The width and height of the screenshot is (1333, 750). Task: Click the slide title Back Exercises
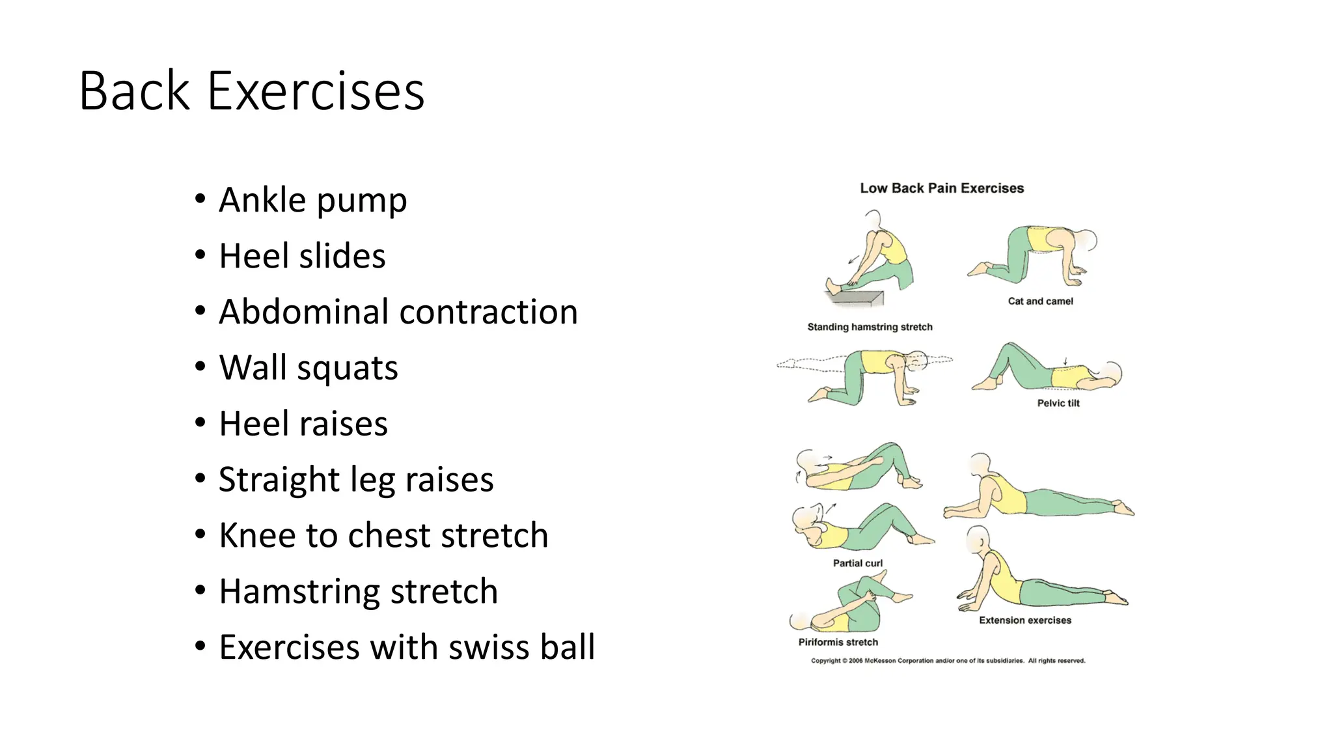pyautogui.click(x=251, y=91)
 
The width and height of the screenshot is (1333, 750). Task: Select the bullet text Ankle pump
pyautogui.click(x=312, y=200)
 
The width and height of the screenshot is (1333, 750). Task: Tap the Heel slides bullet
pyautogui.click(x=302, y=256)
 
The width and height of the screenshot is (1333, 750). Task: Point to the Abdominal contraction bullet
pyautogui.click(x=398, y=312)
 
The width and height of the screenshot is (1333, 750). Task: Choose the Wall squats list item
pyautogui.click(x=308, y=368)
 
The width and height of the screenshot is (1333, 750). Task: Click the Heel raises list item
pyautogui.click(x=303, y=424)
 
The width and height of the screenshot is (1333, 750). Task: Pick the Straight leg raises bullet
pyautogui.click(x=355, y=480)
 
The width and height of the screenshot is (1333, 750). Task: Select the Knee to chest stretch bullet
pyautogui.click(x=383, y=536)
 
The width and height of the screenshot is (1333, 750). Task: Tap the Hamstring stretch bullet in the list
pyautogui.click(x=358, y=592)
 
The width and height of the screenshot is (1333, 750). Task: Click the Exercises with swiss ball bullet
pyautogui.click(x=407, y=648)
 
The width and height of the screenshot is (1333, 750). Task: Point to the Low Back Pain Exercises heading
pyautogui.click(x=942, y=188)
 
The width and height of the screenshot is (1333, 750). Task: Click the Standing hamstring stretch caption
pyautogui.click(x=870, y=327)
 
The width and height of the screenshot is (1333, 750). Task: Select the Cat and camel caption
pyautogui.click(x=1040, y=301)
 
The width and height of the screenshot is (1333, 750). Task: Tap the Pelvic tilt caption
pyautogui.click(x=1058, y=403)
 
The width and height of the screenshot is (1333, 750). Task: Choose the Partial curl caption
pyautogui.click(x=858, y=563)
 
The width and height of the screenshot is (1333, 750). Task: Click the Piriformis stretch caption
pyautogui.click(x=838, y=642)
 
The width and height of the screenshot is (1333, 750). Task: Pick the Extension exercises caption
pyautogui.click(x=1024, y=620)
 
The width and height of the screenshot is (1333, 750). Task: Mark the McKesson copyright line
pyautogui.click(x=948, y=661)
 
